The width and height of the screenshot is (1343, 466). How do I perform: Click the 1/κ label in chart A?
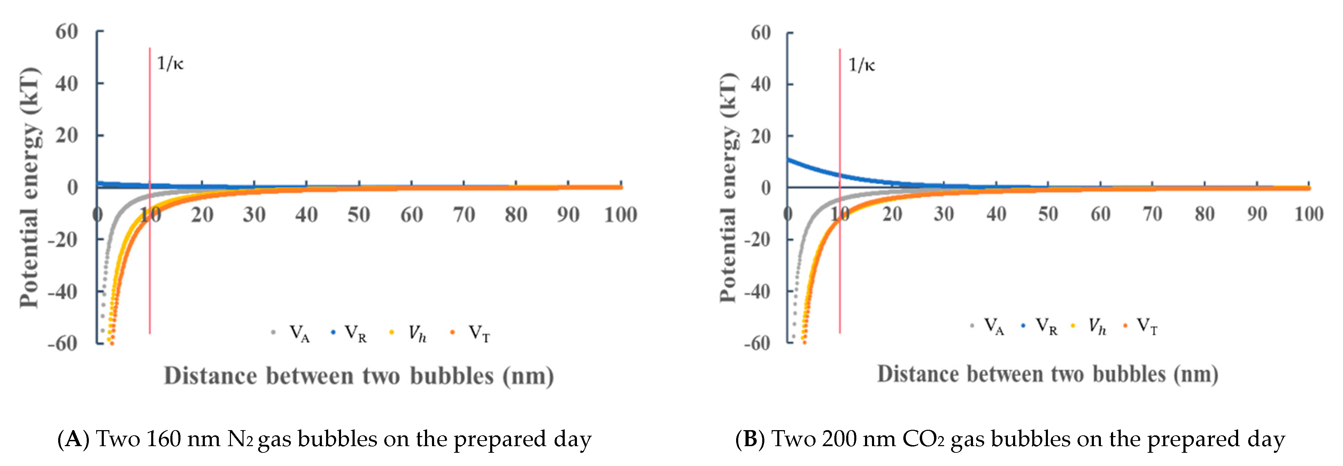(170, 64)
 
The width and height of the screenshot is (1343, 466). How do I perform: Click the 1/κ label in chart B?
(861, 65)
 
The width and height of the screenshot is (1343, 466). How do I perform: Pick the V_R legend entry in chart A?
(355, 333)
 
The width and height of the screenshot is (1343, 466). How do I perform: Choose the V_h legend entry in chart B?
(1096, 327)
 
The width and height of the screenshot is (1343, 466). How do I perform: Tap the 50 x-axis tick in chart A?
(359, 215)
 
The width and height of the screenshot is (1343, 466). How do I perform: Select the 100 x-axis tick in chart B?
(1309, 214)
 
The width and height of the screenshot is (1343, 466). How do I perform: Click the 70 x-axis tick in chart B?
(1152, 214)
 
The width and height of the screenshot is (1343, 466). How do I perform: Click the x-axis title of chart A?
(359, 376)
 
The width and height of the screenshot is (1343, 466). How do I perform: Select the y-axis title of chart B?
(728, 188)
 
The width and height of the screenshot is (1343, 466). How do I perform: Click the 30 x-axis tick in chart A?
(254, 215)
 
